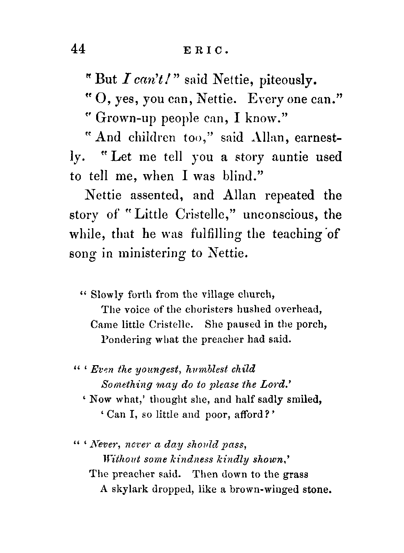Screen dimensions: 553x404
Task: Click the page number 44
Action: (78, 49)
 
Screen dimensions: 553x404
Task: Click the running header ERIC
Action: (200, 50)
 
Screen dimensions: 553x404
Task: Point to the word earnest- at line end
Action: (319, 137)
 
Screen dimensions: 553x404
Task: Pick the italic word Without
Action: (117, 460)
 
